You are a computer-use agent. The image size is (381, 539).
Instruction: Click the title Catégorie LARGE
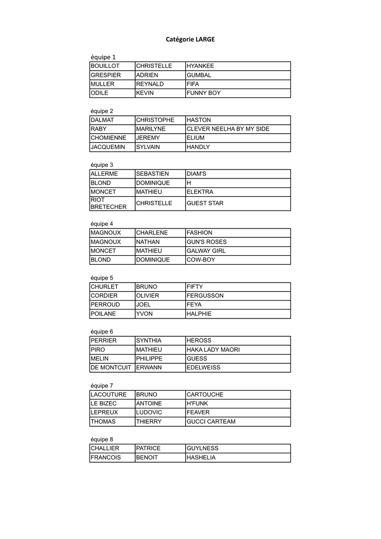coord(190,39)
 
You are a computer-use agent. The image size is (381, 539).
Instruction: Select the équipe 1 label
coord(103,57)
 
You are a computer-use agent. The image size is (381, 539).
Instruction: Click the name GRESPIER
coord(106,75)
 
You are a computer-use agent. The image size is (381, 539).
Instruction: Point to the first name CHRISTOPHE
coord(155,120)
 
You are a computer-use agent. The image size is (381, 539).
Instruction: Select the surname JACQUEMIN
coord(108,147)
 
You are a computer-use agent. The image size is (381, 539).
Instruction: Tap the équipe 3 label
coord(102,165)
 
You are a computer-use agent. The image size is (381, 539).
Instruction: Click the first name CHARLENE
coord(152,233)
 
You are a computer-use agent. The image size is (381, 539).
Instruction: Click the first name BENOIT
coord(147,457)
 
